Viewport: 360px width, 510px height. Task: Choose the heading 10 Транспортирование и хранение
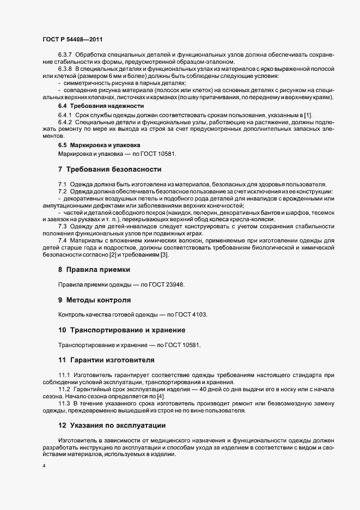click(x=122, y=330)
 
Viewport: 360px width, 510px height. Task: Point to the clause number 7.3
click(x=62, y=226)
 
